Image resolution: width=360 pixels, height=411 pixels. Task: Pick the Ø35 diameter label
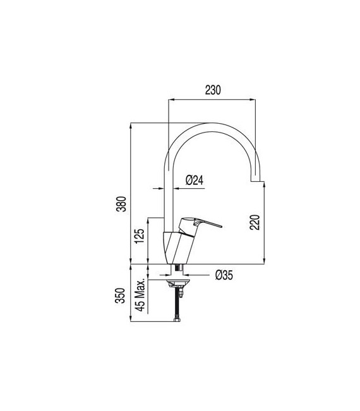tap(225, 275)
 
